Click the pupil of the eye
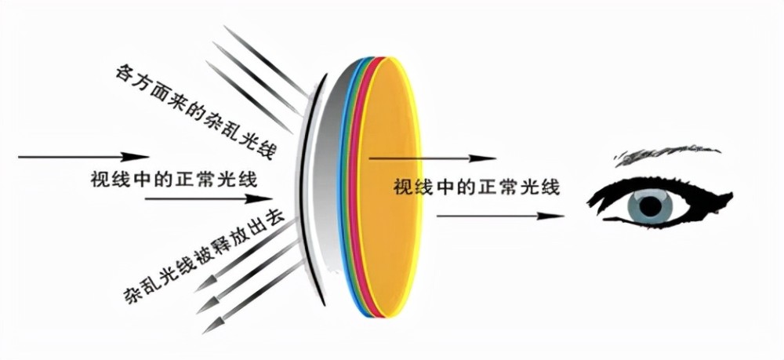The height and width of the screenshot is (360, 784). [650, 205]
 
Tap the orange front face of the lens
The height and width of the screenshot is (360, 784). [389, 188]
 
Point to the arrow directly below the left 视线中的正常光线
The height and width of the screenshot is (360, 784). [208, 199]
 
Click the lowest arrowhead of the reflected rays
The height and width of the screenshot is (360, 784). [210, 325]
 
